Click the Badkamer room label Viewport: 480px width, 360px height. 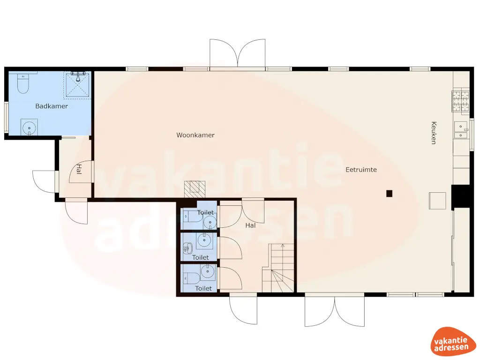(52, 106)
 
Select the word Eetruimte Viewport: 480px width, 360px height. (361, 170)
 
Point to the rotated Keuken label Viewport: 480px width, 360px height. (434, 133)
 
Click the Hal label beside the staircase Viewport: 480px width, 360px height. (251, 225)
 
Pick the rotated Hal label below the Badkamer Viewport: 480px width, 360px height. (79, 169)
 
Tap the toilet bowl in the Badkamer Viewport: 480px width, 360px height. (22, 84)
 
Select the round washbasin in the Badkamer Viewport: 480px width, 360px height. (29, 127)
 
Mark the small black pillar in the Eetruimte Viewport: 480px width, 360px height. (389, 193)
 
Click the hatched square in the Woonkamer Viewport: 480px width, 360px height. (195, 188)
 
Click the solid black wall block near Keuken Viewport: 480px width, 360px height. (460, 196)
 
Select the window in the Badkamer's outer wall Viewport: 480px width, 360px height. (6, 117)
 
